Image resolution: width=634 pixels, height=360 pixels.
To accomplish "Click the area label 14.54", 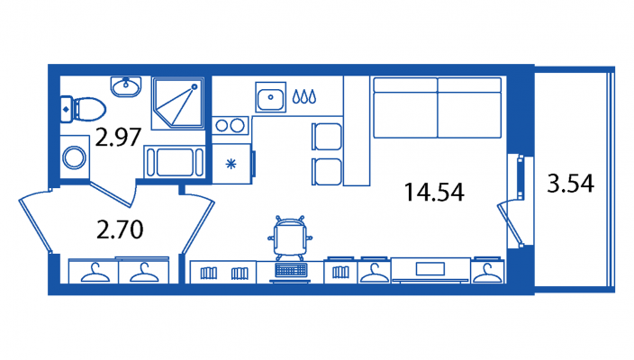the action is point(434,192).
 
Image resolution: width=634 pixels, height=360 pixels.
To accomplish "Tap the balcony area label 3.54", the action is point(571,183).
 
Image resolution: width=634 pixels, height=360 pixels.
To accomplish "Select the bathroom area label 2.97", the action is point(118,137).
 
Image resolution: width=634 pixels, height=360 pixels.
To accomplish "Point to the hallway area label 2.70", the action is point(120,229).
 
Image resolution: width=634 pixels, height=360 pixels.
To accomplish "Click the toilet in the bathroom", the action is point(83,109).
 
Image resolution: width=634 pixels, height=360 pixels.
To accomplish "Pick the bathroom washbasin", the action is point(126,86).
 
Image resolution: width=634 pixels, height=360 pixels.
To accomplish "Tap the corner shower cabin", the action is point(177,103).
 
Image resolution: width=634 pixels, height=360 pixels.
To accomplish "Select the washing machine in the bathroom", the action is point(75,157).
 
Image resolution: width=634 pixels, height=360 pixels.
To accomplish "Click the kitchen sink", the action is point(270,97).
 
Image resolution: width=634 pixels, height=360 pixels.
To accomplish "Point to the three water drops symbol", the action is point(304,96).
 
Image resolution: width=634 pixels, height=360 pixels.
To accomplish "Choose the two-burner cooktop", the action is point(230,126).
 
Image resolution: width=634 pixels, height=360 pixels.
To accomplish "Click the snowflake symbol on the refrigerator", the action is point(231,164).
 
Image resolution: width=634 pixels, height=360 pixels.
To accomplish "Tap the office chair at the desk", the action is point(290,238).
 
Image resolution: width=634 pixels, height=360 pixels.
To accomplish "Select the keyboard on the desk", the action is point(291,270).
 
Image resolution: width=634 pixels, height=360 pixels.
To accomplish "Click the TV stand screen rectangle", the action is point(430,269).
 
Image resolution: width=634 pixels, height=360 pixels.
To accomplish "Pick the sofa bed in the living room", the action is point(438,107).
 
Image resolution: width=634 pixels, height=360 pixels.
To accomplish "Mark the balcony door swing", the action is point(510,224).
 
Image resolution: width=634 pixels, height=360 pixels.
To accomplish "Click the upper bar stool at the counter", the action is point(327,137).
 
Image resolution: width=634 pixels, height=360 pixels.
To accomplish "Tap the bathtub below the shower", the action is point(175,162).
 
